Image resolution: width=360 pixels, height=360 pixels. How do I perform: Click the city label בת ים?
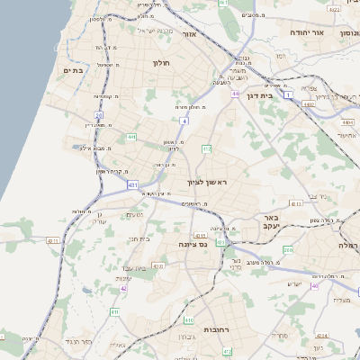point(73,69)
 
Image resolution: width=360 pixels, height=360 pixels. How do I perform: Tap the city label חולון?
point(162,63)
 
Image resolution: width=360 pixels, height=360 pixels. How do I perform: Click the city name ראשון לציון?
point(208,183)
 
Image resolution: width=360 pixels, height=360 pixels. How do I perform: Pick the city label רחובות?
point(220,329)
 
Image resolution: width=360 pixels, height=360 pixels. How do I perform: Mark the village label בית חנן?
point(139,238)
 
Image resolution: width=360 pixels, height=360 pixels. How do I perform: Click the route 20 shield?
point(98,115)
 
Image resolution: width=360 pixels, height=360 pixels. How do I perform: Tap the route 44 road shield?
point(235,94)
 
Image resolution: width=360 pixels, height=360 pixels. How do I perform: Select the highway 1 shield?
point(288,94)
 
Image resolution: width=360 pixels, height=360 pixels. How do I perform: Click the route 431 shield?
point(133,184)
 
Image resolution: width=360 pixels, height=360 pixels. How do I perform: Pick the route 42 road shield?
point(123,289)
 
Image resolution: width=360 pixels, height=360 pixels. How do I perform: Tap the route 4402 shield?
point(310,105)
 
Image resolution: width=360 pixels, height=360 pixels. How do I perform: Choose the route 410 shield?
point(188,319)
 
